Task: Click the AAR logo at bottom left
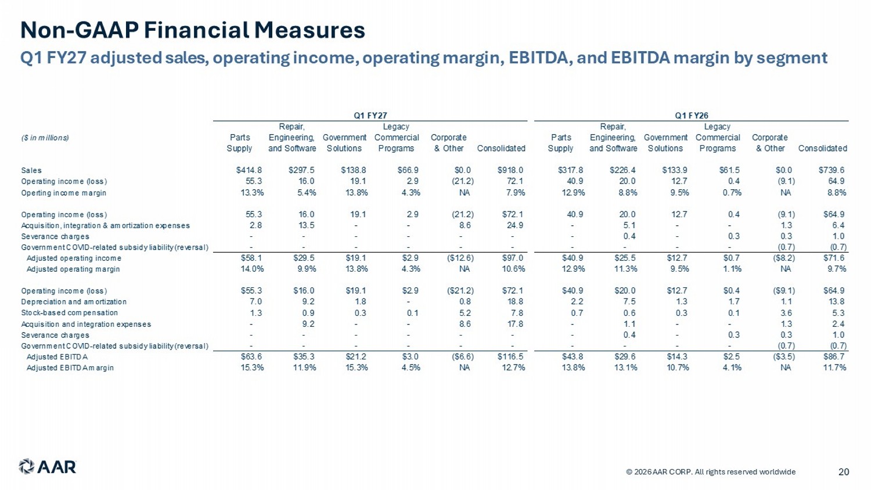pos(48,467)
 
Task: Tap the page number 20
pos(843,472)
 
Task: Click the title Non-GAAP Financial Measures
pos(192,30)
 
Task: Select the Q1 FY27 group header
pos(370,116)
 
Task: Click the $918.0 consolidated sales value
pos(510,170)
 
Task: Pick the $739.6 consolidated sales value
pos(832,170)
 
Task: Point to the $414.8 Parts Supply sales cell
pos(249,170)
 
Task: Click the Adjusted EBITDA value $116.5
pos(510,357)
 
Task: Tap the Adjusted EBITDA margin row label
pos(70,368)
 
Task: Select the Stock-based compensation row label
pos(69,313)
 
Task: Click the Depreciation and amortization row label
pos(74,302)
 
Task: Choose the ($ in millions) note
pos(45,138)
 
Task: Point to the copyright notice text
pos(711,472)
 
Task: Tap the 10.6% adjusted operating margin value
pos(513,269)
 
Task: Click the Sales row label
pos(31,170)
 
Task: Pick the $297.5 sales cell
pos(301,170)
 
